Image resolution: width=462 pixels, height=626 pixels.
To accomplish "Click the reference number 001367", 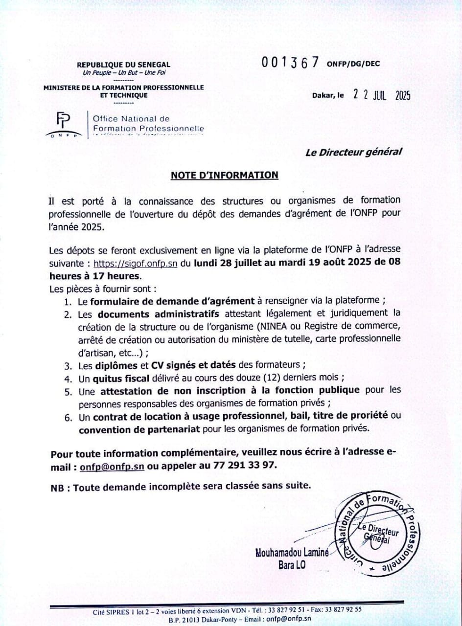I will (290, 63).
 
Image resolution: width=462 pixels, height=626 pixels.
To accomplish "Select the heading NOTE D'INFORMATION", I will (224, 175).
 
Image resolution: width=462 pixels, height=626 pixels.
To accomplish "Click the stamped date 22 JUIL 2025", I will (382, 95).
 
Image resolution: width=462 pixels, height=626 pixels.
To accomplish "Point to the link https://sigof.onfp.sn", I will (135, 263).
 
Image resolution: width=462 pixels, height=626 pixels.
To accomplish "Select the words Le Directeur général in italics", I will (353, 152).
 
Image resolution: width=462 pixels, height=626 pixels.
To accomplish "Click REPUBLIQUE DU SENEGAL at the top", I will (123, 65).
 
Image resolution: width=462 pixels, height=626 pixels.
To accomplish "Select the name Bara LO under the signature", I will (293, 566).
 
